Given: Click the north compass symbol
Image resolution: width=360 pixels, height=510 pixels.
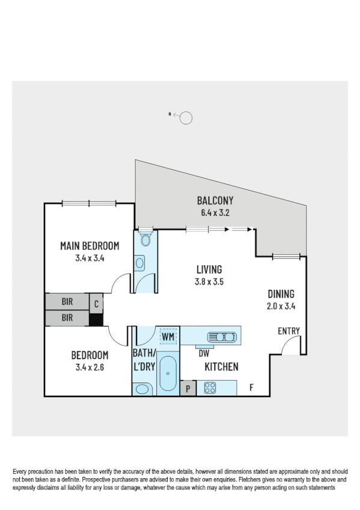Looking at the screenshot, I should tap(185, 118).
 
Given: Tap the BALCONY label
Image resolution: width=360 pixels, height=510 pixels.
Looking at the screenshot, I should tap(215, 201).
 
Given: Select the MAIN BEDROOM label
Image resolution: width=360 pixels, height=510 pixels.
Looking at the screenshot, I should tap(90, 246).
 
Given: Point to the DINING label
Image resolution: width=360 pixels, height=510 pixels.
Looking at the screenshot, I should tap(281, 294).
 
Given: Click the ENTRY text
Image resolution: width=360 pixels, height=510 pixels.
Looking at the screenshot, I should tap(288, 331).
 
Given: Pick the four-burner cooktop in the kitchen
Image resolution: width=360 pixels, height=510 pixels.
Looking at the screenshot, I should tap(210, 388).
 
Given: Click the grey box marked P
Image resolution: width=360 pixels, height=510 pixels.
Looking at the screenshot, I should tap(188, 389).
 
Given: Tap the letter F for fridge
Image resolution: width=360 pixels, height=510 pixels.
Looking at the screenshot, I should tap(251, 388).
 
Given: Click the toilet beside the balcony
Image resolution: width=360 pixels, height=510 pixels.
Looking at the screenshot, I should tap(145, 239).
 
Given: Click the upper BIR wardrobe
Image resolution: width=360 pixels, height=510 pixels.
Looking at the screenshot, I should tap(66, 301).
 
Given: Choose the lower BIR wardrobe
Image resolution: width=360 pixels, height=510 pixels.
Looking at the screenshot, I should tap(66, 318).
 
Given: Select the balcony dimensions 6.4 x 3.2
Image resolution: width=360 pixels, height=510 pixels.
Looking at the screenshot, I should tap(215, 213).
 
